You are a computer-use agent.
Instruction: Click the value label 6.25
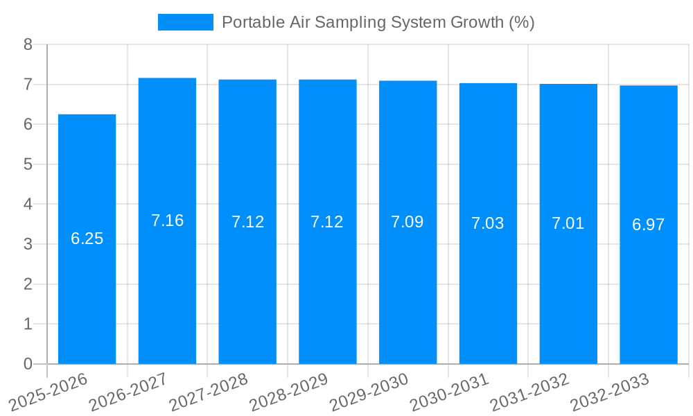pos(87,239)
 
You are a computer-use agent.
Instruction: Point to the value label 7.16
pos(167,220)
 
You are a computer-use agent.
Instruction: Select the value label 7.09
pos(407,222)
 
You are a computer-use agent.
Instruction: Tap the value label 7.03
pos(488,223)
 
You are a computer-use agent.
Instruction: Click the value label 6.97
pos(648,225)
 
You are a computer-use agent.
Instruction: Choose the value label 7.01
pos(568,223)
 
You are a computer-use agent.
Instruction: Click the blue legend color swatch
pos(185,22)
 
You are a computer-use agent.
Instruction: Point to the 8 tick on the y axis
pos(28,44)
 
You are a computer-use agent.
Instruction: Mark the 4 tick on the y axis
pos(28,205)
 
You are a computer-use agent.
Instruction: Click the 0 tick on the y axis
pos(28,364)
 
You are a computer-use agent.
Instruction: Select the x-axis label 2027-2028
pos(209,392)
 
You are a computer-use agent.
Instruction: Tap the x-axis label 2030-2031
pos(449,392)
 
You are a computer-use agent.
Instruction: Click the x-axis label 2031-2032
pos(529,392)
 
